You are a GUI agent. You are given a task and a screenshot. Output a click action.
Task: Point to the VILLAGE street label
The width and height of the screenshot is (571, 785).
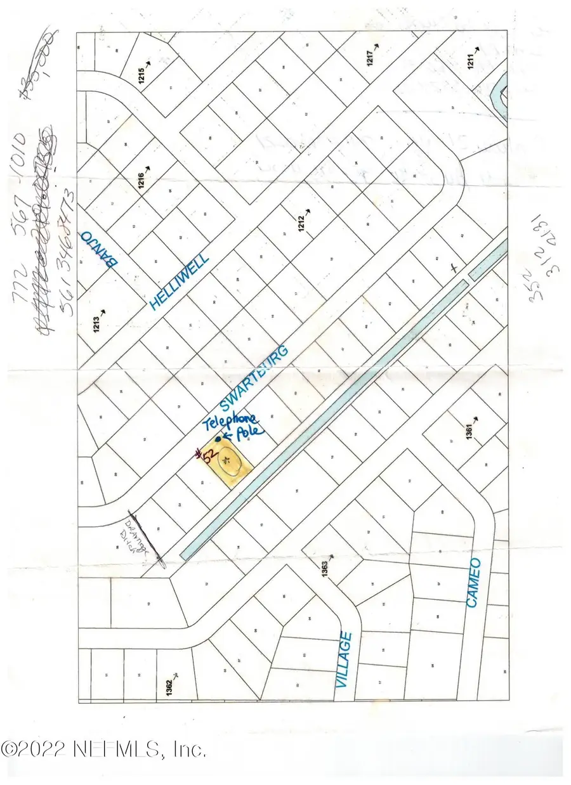[344, 659]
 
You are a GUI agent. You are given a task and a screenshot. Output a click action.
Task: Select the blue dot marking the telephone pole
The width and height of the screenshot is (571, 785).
[218, 438]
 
